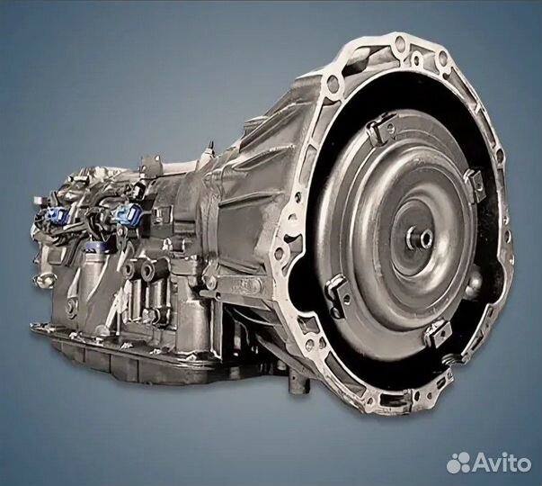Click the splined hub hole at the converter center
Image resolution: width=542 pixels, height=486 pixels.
coord(423,238)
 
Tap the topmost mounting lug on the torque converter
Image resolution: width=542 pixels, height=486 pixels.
coord(381,129)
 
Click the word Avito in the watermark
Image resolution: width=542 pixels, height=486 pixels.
coord(501,463)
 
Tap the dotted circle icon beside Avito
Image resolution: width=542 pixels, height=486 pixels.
coord(458,463)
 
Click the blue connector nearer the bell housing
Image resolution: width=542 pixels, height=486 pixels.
coord(127,213)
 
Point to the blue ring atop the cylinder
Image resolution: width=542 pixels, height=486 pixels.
coord(97,246)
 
